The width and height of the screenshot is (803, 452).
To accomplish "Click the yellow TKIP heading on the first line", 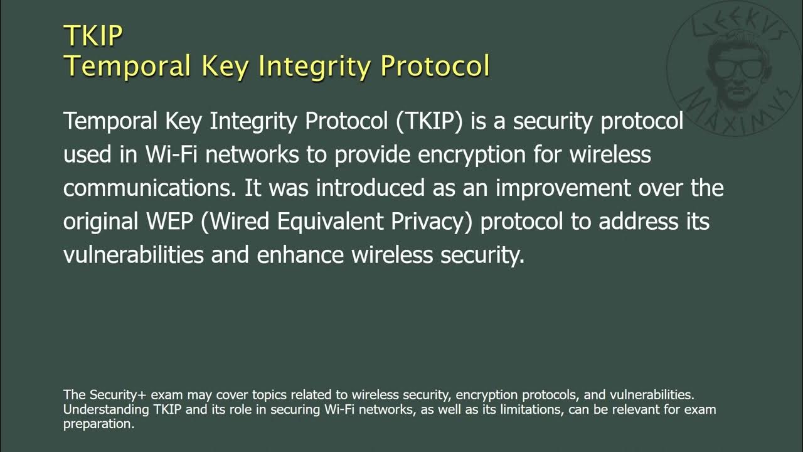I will (93, 36).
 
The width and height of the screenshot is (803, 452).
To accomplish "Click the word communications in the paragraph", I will (150, 188).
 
